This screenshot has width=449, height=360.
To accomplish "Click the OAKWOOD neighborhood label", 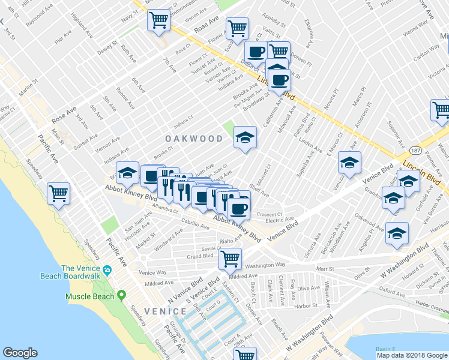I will pos(194,139).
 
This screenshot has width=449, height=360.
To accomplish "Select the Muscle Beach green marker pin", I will pos(122,295).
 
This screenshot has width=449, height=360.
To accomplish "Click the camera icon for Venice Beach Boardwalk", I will pos(107,271).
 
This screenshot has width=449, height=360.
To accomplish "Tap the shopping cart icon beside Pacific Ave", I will pos(59,193).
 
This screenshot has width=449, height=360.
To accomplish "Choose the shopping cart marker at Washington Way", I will pos(230,259).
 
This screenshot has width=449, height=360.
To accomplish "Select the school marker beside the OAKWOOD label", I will pos(245,137).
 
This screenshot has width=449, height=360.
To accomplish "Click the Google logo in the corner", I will pos(20,353).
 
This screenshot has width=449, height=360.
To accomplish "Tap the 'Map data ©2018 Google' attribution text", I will pos(412,355).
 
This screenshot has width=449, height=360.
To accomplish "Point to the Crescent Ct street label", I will pos(269,214).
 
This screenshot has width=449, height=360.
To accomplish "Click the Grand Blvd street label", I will pos(200,256).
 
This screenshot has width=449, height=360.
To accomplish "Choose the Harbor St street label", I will pos(306,305).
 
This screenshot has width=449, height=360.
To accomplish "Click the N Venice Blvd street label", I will pos(187,287).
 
